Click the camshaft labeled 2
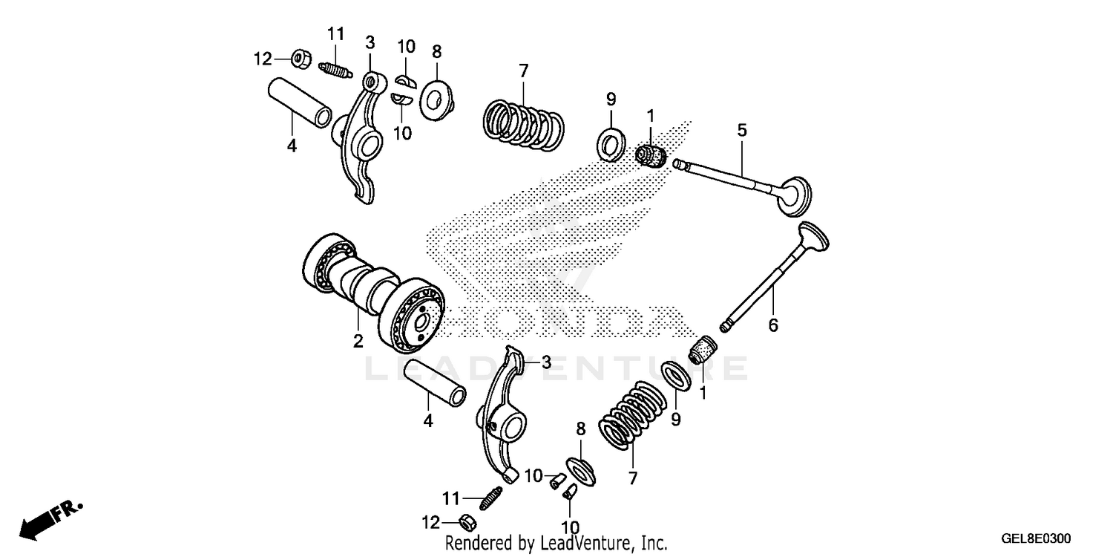click(x=371, y=293)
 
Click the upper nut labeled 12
click(x=301, y=57)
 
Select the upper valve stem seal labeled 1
click(x=651, y=157)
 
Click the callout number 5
click(x=742, y=130)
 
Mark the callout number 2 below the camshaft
click(x=358, y=341)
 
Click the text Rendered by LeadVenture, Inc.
click(x=556, y=543)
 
